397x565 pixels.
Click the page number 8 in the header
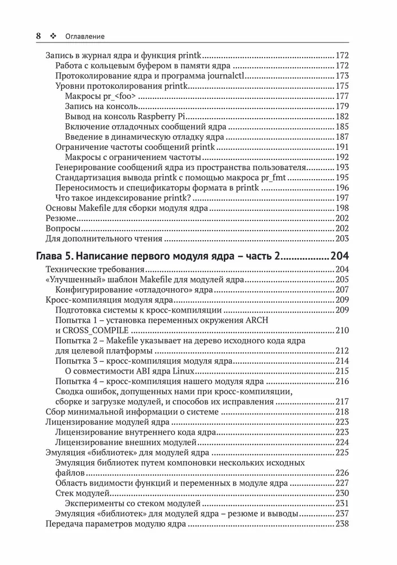click(38, 36)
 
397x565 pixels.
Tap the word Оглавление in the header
click(85, 36)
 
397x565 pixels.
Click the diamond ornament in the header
click(54, 36)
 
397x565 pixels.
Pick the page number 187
click(342, 137)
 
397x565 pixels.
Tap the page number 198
click(342, 208)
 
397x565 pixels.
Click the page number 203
click(342, 238)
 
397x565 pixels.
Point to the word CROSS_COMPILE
click(97, 331)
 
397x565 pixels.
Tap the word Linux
click(181, 371)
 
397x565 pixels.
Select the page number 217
click(342, 402)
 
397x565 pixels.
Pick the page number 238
click(342, 524)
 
